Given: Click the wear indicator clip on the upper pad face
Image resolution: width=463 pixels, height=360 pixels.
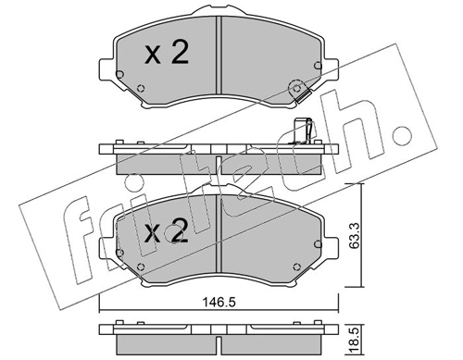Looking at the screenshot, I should [297, 91].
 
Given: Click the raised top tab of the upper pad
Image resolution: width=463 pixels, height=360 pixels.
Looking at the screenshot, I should [216, 15].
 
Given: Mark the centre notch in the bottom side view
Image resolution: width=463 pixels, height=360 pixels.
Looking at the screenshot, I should [216, 344].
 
